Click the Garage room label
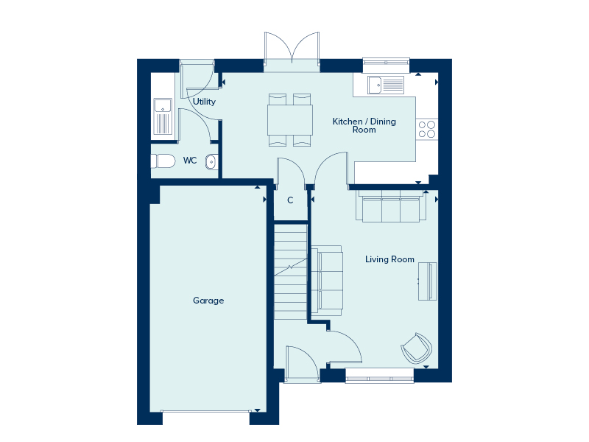click(208, 301)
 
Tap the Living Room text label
click(389, 259)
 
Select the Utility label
click(204, 102)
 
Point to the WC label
click(190, 161)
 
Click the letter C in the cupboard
click(290, 200)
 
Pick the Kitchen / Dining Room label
click(364, 125)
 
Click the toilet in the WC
click(163, 161)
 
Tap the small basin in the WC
click(211, 162)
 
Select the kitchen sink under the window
click(386, 85)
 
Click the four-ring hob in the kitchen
click(427, 130)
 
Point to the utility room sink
click(163, 116)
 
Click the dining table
click(290, 120)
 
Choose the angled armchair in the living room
click(417, 348)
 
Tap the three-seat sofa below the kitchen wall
click(391, 206)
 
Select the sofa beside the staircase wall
click(327, 281)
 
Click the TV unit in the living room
click(428, 281)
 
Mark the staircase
click(290, 272)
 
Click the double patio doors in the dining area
click(292, 52)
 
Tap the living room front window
click(380, 376)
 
